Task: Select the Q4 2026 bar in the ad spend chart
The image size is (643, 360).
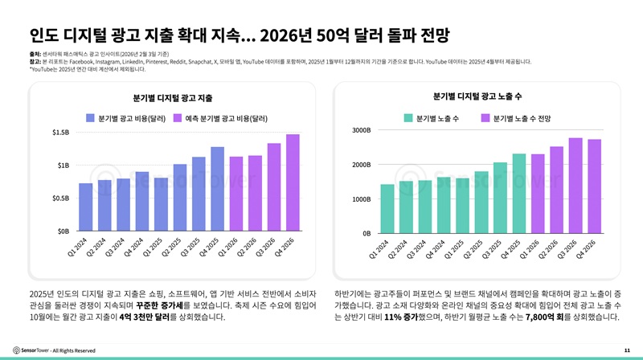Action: click(293, 182)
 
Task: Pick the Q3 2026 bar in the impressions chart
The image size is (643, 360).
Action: click(575, 186)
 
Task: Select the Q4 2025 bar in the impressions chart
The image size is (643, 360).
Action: click(519, 194)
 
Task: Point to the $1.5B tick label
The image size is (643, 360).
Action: click(60, 132)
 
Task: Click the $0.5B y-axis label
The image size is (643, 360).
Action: click(60, 198)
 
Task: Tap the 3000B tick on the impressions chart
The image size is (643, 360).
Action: click(362, 130)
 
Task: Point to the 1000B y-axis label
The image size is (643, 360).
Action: click(362, 198)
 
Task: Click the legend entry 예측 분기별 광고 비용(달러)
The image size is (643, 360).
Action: click(226, 118)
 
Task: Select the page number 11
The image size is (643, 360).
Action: click(626, 350)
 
